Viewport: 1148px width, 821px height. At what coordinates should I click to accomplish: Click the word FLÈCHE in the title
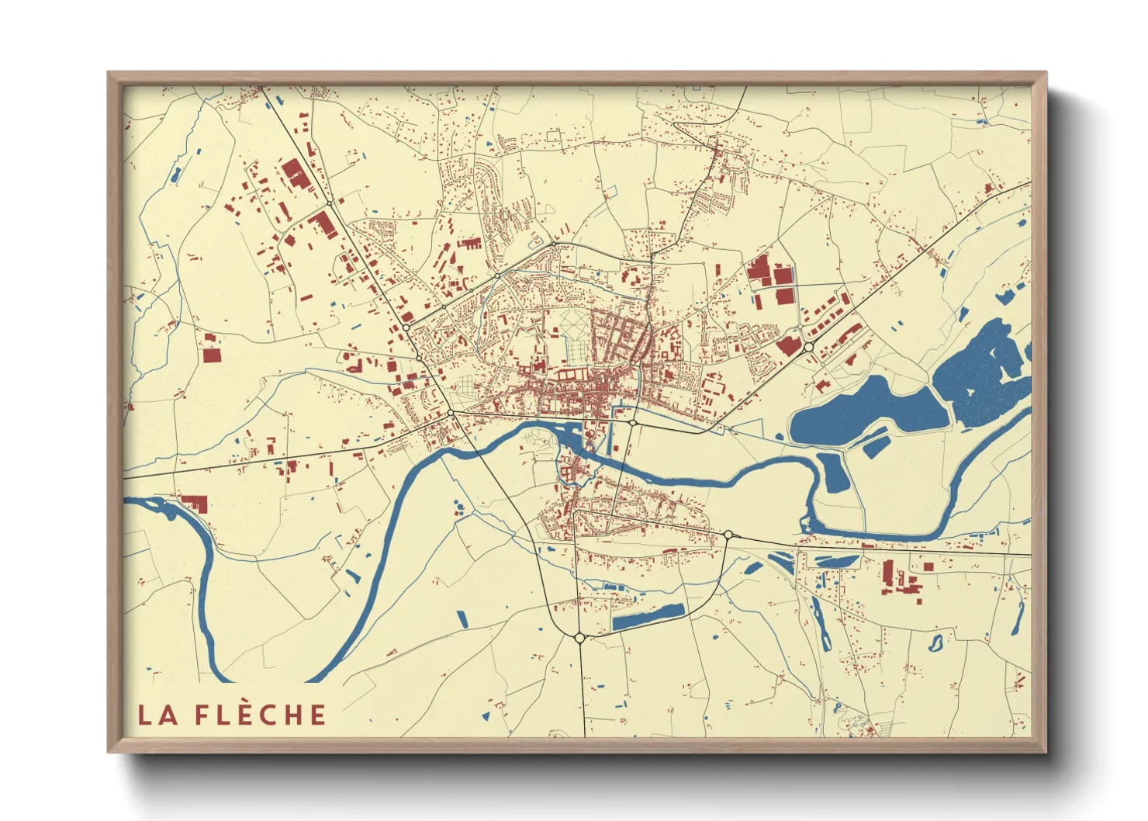260,715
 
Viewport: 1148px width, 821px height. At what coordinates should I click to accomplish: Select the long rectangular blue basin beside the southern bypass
648,617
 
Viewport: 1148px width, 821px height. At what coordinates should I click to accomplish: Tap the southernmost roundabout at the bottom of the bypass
579,638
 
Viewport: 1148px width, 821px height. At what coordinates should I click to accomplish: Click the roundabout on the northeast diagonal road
808,347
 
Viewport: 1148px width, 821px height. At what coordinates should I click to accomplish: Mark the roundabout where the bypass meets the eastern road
728,534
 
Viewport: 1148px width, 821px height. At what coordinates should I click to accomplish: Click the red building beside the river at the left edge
195,503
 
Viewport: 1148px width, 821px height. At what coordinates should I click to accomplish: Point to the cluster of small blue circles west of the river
459,509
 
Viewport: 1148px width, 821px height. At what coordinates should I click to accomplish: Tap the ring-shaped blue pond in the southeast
935,643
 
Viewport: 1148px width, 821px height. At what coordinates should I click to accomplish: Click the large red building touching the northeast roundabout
790,345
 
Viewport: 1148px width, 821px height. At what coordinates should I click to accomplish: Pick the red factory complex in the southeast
901,579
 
